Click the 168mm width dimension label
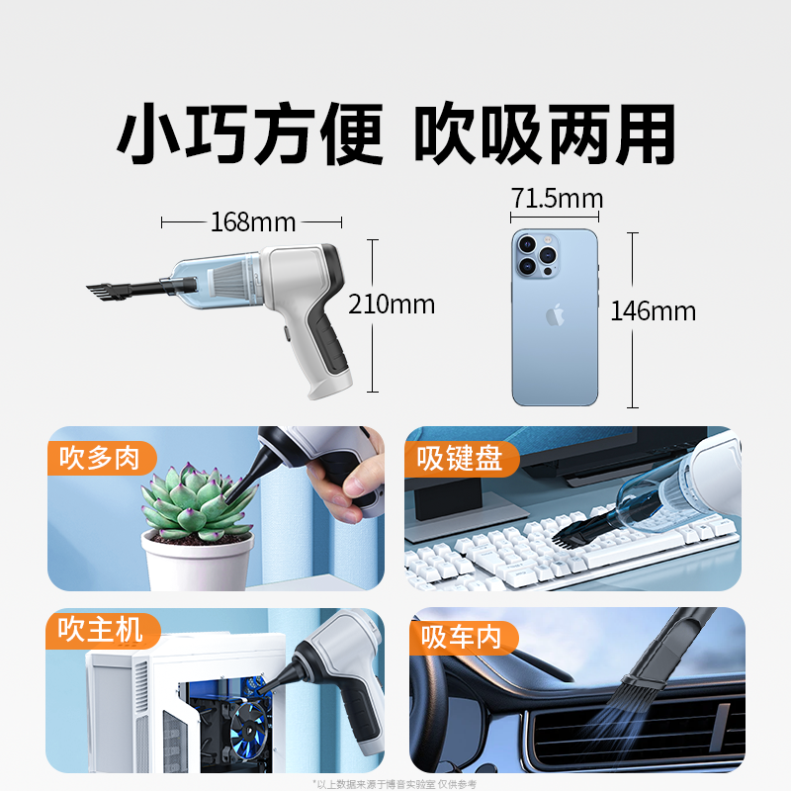pyautogui.click(x=253, y=221)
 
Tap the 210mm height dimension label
pyautogui.click(x=392, y=305)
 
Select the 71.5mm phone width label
pyautogui.click(x=557, y=198)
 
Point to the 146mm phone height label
pyautogui.click(x=654, y=310)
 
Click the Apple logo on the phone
pyautogui.click(x=555, y=314)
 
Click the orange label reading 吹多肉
pyautogui.click(x=102, y=458)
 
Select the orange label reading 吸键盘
pyautogui.click(x=462, y=459)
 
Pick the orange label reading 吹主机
pyautogui.click(x=103, y=630)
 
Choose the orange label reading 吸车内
pyautogui.click(x=464, y=638)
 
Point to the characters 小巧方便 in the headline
pyautogui.click(x=250, y=133)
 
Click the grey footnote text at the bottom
pyautogui.click(x=395, y=784)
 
